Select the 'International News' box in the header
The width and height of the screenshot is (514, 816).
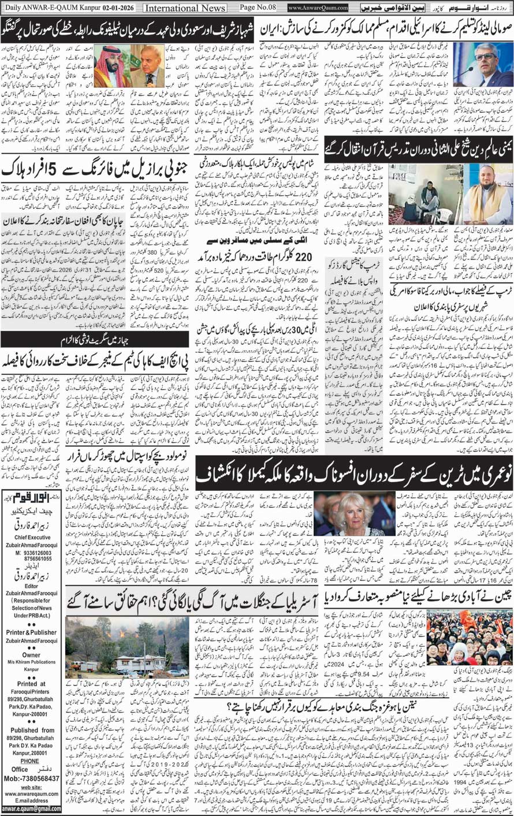point(185,8)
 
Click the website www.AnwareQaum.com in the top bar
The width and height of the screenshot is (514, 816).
point(318,8)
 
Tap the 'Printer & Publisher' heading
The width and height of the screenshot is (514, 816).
point(31,632)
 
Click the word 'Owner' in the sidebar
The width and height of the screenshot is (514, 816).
point(31,655)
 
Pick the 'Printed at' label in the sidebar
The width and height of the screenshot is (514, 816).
point(31,684)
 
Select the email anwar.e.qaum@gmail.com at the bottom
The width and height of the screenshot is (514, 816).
point(31,809)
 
